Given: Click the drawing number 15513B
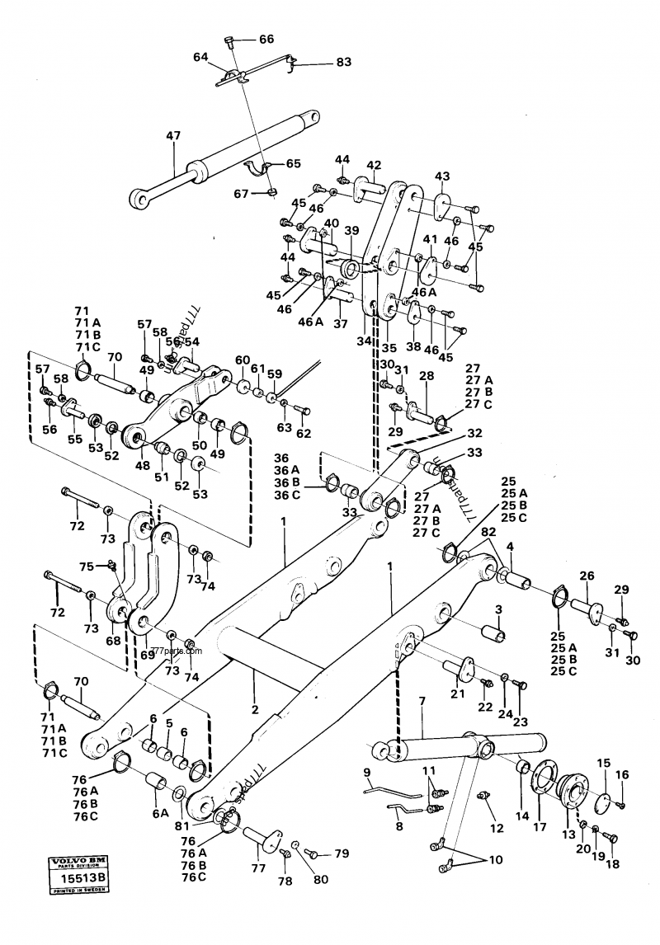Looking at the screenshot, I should (x=79, y=880).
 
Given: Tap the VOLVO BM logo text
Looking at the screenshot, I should (x=79, y=861).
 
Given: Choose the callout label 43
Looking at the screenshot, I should (x=442, y=176).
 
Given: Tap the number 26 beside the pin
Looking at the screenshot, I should (x=587, y=576).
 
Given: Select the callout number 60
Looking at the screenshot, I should (x=242, y=360).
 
